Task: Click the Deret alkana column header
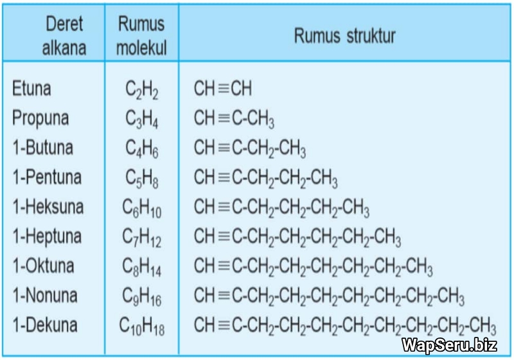pos(64,36)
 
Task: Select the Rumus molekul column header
pos(141,36)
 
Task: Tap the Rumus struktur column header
pos(344,36)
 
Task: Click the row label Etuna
pos(31,89)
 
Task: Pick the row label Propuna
pos(40,118)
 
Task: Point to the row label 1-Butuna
pos(42,148)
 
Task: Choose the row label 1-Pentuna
pos(47,177)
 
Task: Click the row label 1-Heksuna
pos(48,207)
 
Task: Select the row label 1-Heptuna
pos(47,237)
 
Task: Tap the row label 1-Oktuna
pos(43,266)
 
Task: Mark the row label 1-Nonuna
pos(44,296)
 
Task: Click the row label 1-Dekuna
pos(44,325)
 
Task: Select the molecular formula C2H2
pos(142,91)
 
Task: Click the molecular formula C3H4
pos(142,120)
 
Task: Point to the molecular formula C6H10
pos(142,209)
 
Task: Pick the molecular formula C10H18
pos(142,327)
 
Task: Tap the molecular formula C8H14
pos(142,268)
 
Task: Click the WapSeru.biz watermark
pos(449,345)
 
